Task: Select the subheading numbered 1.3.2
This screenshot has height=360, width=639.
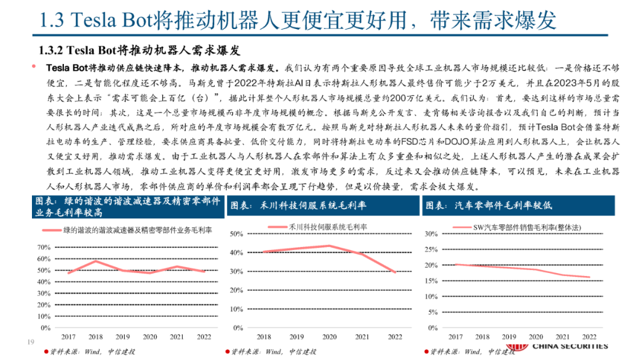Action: pyautogui.click(x=139, y=49)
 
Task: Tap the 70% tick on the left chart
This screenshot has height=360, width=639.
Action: pyautogui.click(x=43, y=247)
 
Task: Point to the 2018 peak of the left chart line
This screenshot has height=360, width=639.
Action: pyautogui.click(x=96, y=261)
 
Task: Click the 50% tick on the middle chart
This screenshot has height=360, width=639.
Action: pyautogui.click(x=236, y=234)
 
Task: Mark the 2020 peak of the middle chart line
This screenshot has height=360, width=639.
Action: pyautogui.click(x=329, y=246)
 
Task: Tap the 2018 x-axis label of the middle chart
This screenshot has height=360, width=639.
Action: pyautogui.click(x=264, y=336)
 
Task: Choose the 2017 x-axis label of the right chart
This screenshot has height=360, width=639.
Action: pyautogui.click(x=455, y=336)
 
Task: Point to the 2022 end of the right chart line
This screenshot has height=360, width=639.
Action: pyautogui.click(x=589, y=277)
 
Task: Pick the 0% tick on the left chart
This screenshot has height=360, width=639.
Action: pyautogui.click(x=45, y=327)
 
